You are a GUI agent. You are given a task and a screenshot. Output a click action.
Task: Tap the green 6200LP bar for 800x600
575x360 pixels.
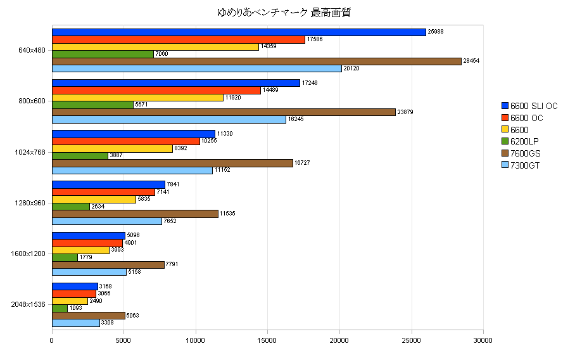coord(92,105)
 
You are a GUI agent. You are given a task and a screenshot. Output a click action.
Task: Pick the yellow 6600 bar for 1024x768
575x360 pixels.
coord(112,148)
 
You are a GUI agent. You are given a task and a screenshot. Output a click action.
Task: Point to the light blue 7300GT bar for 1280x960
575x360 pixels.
coord(107,221)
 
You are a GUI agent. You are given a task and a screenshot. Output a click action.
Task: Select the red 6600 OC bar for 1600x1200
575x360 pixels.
coord(87,243)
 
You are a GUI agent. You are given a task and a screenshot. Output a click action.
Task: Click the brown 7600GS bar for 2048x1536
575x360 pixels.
coord(88,315)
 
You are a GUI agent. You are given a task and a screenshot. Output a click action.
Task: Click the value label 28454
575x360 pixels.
coord(472,61)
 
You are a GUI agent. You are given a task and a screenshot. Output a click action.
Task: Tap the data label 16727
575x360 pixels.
coord(304,163)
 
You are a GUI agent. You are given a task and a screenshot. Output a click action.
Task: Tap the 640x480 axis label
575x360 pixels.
coord(32,50)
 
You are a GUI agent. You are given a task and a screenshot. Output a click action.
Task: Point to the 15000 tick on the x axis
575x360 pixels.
coord(267,340)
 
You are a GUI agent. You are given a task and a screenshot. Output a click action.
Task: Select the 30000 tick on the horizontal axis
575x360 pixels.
coord(483,340)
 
